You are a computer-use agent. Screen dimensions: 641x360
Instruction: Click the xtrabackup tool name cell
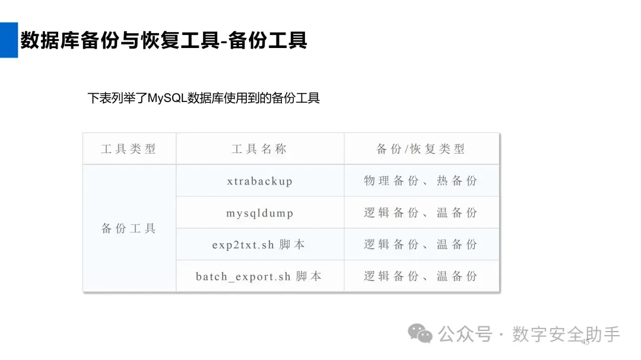pyautogui.click(x=260, y=181)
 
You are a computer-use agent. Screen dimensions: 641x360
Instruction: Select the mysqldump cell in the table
pyautogui.click(x=260, y=213)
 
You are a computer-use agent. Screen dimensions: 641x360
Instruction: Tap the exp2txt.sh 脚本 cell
pyautogui.click(x=260, y=244)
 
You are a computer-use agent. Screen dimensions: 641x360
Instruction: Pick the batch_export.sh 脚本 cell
pyautogui.click(x=260, y=276)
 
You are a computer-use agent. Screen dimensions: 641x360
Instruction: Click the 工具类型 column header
pyautogui.click(x=129, y=149)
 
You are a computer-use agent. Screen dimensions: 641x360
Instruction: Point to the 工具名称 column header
pyautogui.click(x=260, y=149)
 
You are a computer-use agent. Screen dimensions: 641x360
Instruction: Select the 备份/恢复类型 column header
pyautogui.click(x=421, y=149)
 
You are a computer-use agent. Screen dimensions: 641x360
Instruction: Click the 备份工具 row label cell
pyautogui.click(x=129, y=228)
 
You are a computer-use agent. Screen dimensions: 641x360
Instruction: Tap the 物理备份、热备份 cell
pyautogui.click(x=421, y=181)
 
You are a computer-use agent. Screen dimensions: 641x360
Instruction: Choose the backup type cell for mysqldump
pyautogui.click(x=421, y=213)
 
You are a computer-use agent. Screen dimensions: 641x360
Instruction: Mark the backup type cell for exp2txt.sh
pyautogui.click(x=421, y=244)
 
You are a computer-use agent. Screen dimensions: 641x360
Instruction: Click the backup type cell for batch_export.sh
pyautogui.click(x=421, y=276)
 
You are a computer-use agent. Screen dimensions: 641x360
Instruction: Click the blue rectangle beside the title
pyautogui.click(x=8, y=40)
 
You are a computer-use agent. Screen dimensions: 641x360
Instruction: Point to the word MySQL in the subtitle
pyautogui.click(x=167, y=98)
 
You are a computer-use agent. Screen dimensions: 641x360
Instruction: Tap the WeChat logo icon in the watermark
pyautogui.click(x=423, y=334)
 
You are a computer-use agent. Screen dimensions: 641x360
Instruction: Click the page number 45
pyautogui.click(x=585, y=342)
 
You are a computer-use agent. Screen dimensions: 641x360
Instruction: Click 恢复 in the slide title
pyautogui.click(x=161, y=40)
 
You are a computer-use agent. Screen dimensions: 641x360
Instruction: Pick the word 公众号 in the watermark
pyautogui.click(x=465, y=334)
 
